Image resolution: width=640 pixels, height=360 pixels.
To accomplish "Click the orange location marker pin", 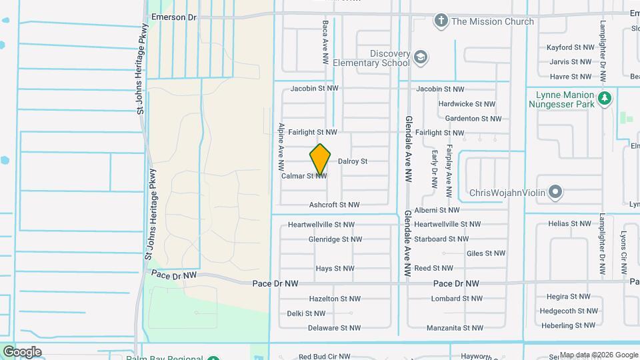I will [x=321, y=159].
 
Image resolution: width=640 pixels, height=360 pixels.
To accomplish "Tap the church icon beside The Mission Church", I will [x=440, y=21].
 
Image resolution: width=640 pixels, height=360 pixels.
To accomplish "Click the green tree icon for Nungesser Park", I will [x=605, y=99].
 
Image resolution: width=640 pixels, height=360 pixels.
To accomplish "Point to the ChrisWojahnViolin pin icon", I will [x=555, y=193].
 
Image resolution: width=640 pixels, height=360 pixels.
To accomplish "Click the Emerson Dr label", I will [x=174, y=17].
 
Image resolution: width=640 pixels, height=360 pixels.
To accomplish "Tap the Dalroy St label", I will [x=353, y=161].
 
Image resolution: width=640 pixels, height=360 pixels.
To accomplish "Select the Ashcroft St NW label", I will [x=335, y=205].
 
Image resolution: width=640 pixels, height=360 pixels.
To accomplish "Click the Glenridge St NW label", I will [x=335, y=239].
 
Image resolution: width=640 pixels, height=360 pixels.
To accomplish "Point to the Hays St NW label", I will [x=335, y=269].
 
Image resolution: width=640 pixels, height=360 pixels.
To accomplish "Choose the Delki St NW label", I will [x=306, y=313].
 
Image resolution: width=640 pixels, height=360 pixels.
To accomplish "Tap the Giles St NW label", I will [x=486, y=253].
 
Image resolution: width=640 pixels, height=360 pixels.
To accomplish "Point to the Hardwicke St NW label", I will [x=467, y=104].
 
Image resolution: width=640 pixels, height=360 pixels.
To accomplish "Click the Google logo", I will [x=22, y=352].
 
